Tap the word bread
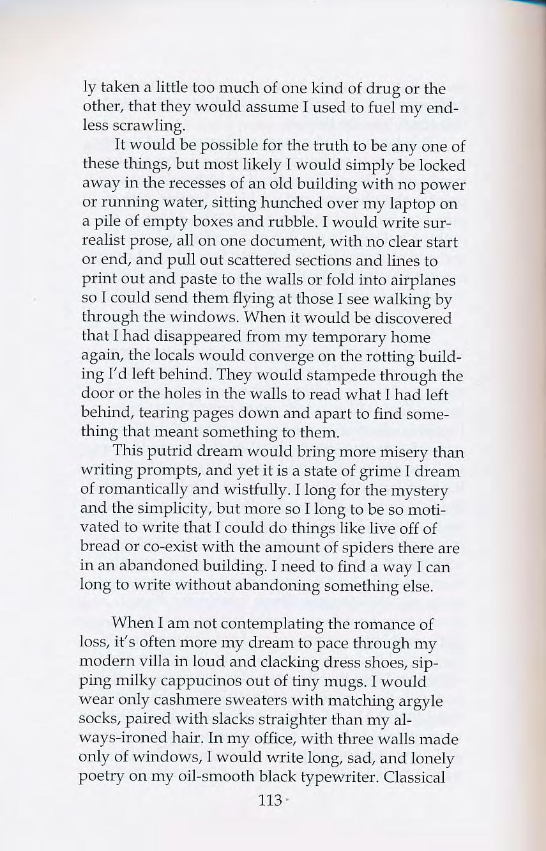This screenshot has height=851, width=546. click(101, 548)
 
